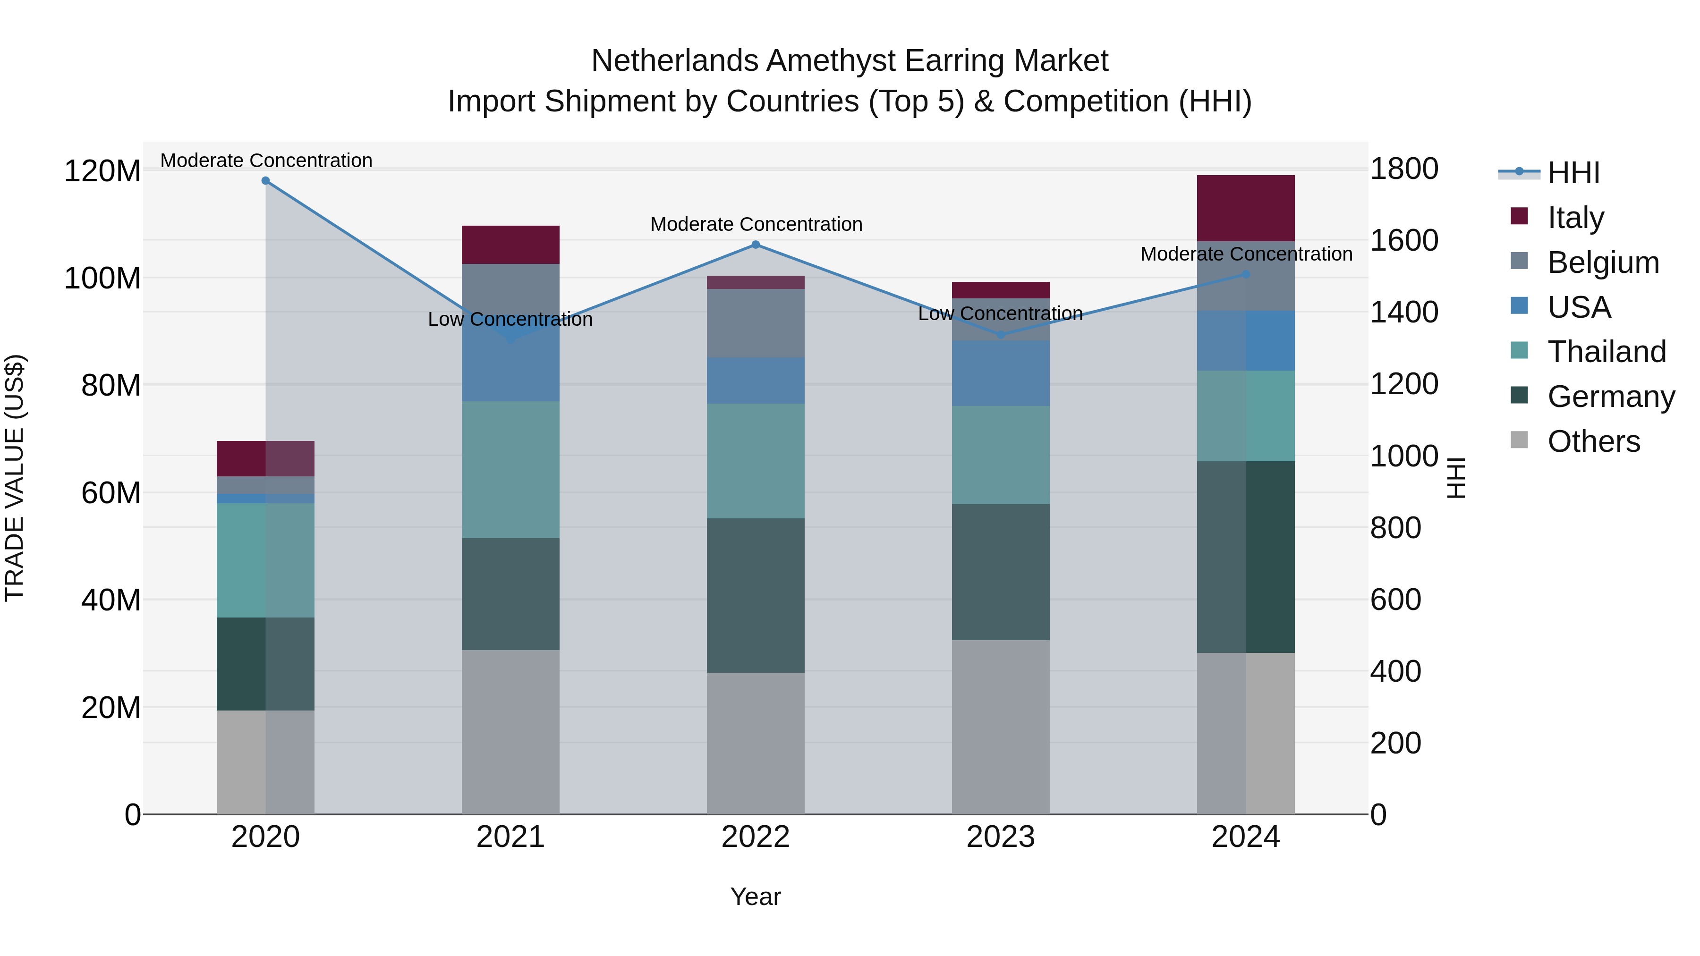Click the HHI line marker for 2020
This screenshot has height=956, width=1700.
(x=265, y=181)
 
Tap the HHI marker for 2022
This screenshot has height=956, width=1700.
(x=756, y=245)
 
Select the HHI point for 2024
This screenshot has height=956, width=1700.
(x=1245, y=274)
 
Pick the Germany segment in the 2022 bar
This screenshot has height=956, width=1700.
(x=756, y=595)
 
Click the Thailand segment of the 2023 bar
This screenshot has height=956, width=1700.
(x=1001, y=455)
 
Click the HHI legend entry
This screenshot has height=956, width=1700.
(x=1573, y=173)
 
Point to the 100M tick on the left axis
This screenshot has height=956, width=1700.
(x=102, y=279)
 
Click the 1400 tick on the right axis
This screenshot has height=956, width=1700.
(x=1404, y=312)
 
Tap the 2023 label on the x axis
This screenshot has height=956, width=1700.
(x=1001, y=837)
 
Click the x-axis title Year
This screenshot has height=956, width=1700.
(x=756, y=897)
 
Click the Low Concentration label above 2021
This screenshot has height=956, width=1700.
(x=510, y=319)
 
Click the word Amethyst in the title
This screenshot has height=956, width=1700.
(x=833, y=61)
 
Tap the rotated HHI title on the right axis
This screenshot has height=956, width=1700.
(x=1456, y=478)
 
